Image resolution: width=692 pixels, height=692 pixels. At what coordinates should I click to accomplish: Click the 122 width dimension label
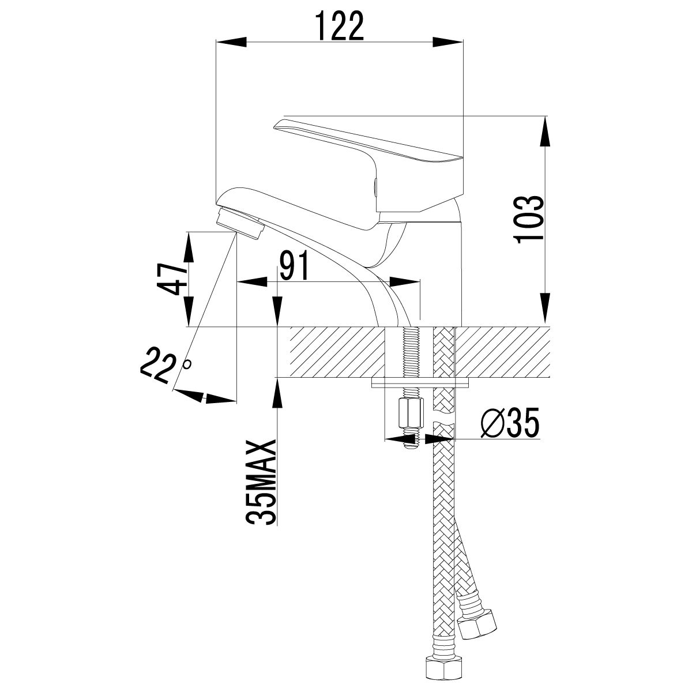[340, 25]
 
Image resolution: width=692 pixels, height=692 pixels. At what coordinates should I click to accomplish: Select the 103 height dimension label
[528, 220]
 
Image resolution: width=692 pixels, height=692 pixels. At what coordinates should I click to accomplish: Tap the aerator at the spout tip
[239, 224]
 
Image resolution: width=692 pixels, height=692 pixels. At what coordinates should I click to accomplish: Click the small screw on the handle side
[375, 187]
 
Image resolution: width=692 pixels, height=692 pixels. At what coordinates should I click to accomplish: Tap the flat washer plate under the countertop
[420, 383]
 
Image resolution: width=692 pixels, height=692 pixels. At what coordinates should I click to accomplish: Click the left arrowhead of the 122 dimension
[232, 42]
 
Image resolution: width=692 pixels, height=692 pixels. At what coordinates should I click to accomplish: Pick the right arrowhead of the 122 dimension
[448, 42]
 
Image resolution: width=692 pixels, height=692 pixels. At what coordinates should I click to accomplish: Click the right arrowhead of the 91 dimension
[404, 281]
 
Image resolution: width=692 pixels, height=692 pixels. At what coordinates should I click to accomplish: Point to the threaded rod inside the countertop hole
[409, 352]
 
